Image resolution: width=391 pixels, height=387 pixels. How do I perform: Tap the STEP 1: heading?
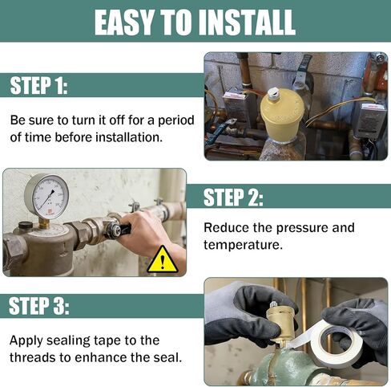click(x=38, y=85)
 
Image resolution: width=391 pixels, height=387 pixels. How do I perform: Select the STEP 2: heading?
click(x=233, y=197)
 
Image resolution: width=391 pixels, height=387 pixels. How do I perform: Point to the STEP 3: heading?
click(x=39, y=306)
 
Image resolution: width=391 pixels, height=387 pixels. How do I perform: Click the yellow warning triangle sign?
click(x=163, y=260)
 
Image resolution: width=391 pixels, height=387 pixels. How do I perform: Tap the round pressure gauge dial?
click(x=46, y=195)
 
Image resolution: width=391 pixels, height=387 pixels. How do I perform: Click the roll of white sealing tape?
click(x=338, y=343)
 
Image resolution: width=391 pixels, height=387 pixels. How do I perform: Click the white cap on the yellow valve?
click(x=275, y=94)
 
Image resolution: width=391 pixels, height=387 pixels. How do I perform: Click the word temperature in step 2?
click(x=243, y=245)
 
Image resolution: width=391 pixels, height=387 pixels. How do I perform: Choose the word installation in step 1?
click(x=129, y=137)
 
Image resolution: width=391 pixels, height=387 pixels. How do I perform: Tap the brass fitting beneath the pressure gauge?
click(x=44, y=222)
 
